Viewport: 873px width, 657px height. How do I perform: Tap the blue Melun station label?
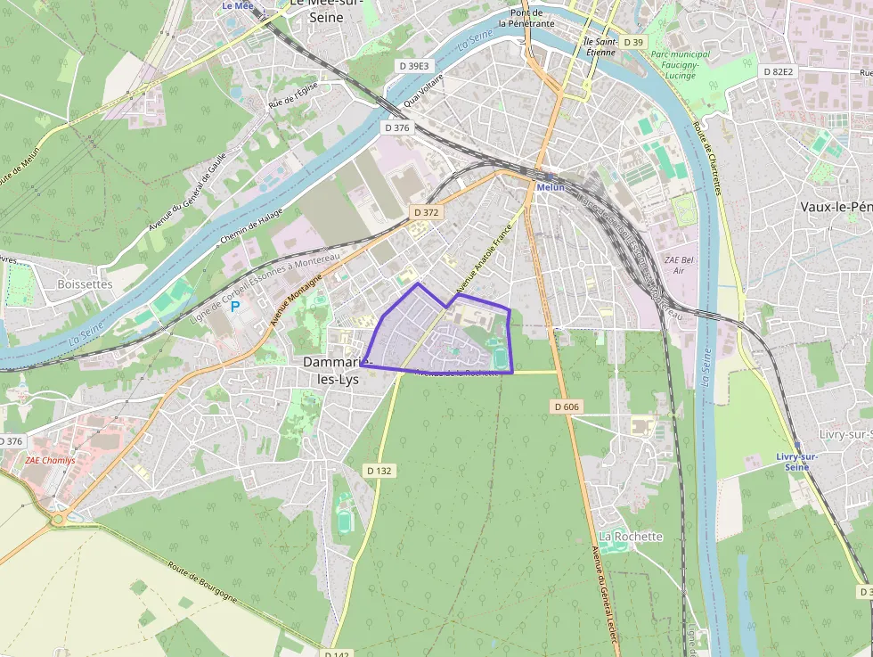click(x=550, y=187)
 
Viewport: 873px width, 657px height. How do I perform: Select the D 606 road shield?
click(x=567, y=407)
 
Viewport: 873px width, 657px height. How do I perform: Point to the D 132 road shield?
click(x=379, y=471)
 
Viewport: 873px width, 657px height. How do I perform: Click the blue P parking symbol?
click(x=235, y=307)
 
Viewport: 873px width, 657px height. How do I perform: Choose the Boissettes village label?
click(x=85, y=284)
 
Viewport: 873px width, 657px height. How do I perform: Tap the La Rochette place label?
click(x=631, y=537)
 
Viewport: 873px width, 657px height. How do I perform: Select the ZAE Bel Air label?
click(x=678, y=264)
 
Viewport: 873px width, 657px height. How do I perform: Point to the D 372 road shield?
click(x=427, y=212)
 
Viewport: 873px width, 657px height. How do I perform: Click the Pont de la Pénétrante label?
click(x=526, y=19)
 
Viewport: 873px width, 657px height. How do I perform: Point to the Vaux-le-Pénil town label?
click(x=836, y=206)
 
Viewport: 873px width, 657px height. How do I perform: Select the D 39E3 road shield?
click(x=414, y=66)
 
